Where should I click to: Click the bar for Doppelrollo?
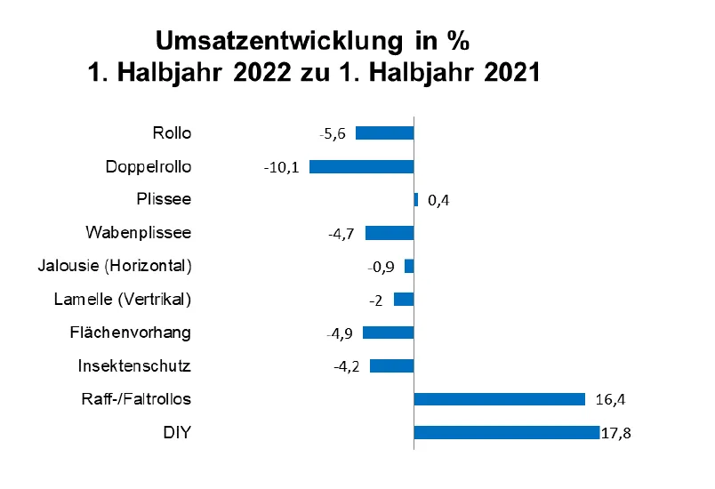click(x=361, y=166)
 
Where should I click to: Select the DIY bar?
click(x=506, y=433)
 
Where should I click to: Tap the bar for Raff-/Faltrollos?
click(x=499, y=399)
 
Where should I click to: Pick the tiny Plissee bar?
click(x=415, y=200)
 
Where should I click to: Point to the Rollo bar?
click(x=384, y=133)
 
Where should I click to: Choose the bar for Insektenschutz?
click(x=391, y=366)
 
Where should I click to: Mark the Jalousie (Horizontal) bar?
click(x=409, y=266)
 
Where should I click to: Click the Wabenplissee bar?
click(x=390, y=233)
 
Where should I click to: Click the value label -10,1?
click(x=281, y=167)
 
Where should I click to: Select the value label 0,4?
click(x=438, y=201)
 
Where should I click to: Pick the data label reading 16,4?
click(x=611, y=400)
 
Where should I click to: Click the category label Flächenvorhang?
click(x=130, y=333)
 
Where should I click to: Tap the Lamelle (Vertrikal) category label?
click(x=123, y=299)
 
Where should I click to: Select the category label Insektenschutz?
click(x=134, y=365)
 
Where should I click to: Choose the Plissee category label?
click(x=164, y=199)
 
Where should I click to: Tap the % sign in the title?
click(x=456, y=41)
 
